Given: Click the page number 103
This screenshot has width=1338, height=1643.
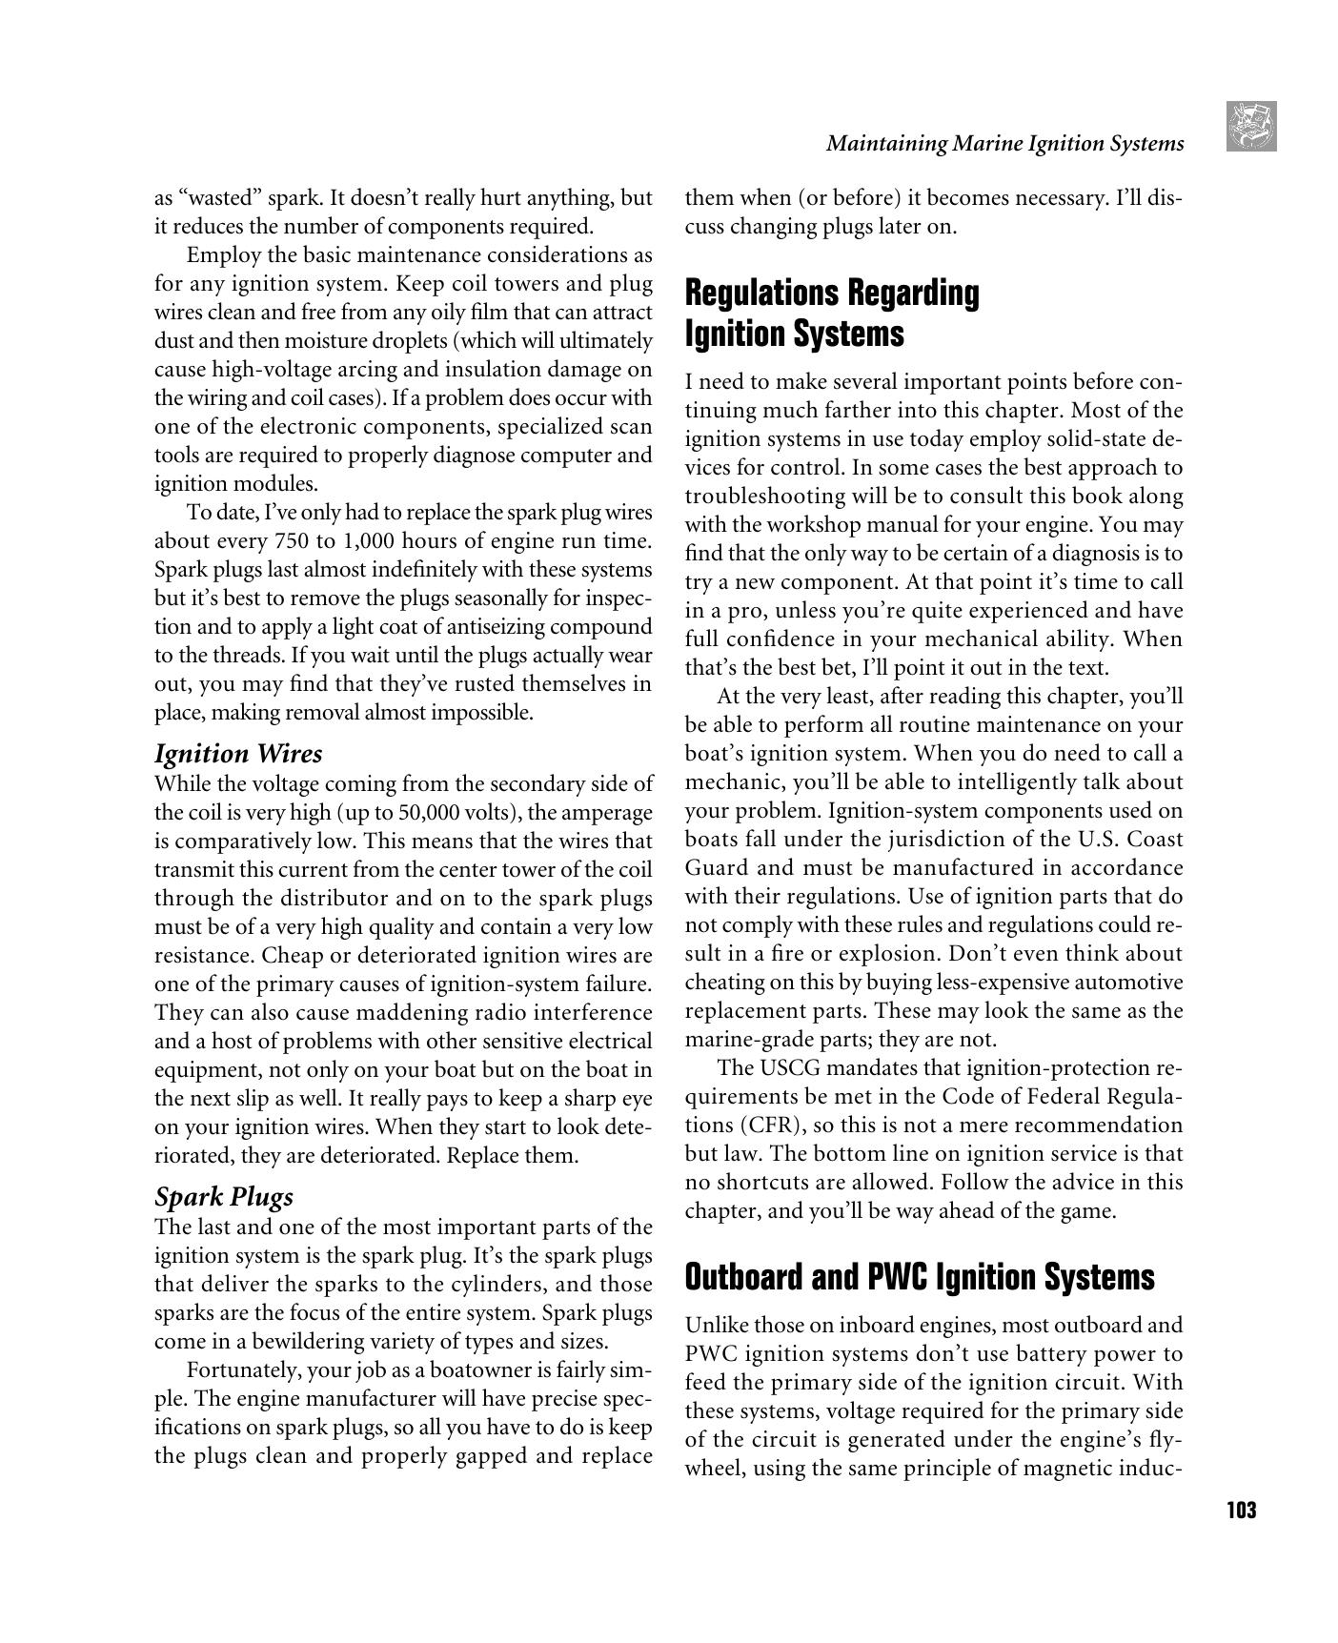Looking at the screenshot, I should [1241, 1511].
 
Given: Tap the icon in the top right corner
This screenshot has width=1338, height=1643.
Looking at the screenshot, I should [1252, 127].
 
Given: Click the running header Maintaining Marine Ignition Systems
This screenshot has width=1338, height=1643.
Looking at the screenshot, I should [1004, 144].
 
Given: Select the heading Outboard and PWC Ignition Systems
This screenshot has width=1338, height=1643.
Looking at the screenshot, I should [920, 1277].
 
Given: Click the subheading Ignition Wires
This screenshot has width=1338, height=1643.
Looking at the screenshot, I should [238, 754].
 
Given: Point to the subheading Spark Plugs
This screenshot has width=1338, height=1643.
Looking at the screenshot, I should [224, 1197].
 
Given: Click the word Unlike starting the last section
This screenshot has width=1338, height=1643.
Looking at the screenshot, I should [716, 1326].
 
